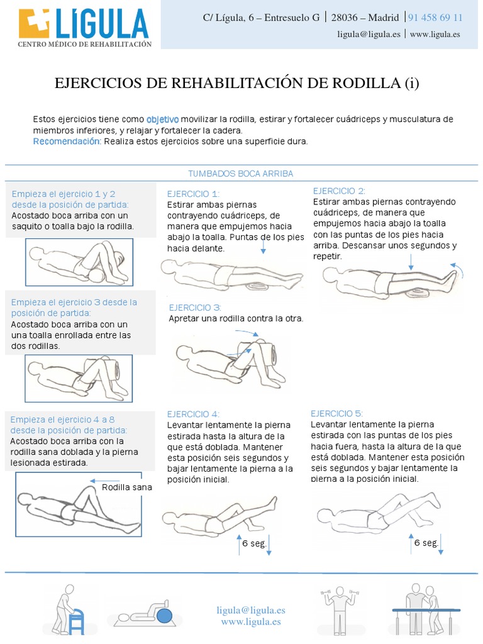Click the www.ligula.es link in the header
coord(435,35)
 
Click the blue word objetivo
coord(163,119)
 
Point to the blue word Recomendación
coord(67,142)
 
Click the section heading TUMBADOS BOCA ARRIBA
coord(241,173)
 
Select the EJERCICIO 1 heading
coord(194,194)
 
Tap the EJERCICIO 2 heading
coord(339,191)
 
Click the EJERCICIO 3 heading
coord(195,308)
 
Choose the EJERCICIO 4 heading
coord(193,414)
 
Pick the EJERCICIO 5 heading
coord(337,413)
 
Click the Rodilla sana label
coord(126,487)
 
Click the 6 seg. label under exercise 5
coord(426,543)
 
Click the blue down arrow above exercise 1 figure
coord(263,247)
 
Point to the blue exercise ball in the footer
coord(165,614)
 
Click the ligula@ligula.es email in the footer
coord(251,610)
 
